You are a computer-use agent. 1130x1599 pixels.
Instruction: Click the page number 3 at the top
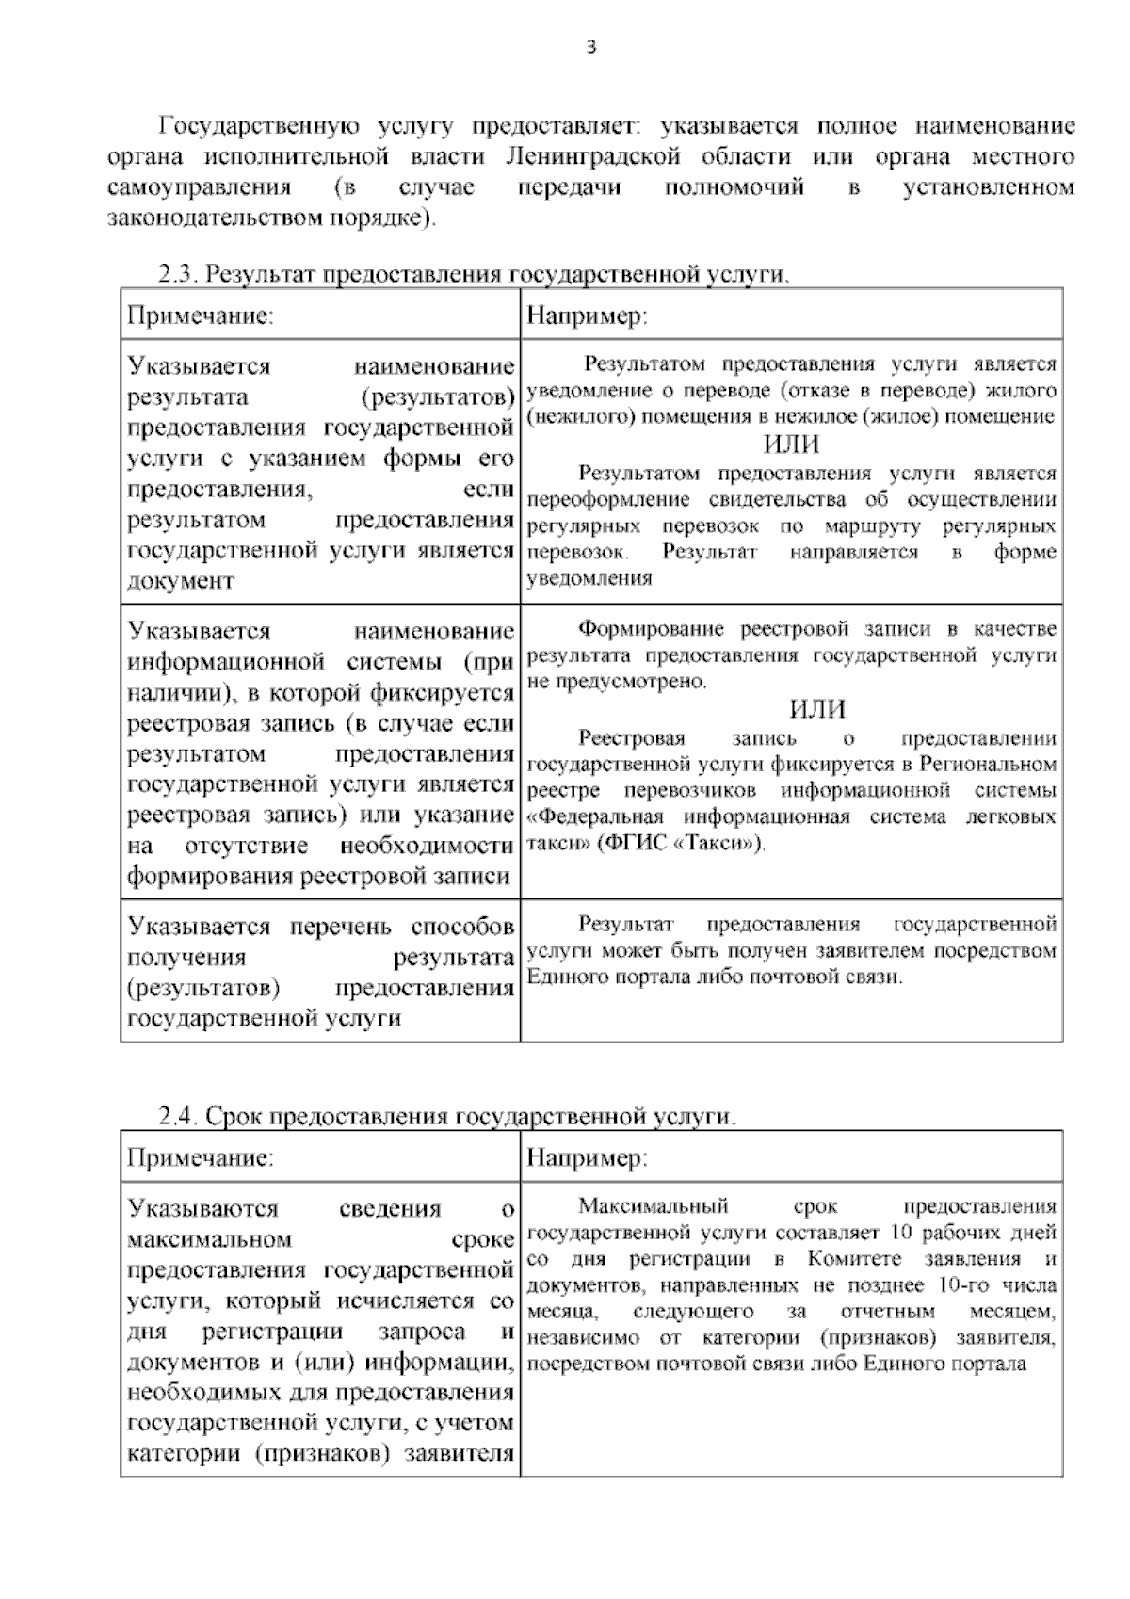pyautogui.click(x=590, y=50)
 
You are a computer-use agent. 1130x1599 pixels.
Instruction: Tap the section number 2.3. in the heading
pyautogui.click(x=177, y=275)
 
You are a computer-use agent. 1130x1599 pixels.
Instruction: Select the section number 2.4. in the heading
pyautogui.click(x=177, y=1117)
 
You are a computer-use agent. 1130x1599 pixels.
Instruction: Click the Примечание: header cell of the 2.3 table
pyautogui.click(x=201, y=315)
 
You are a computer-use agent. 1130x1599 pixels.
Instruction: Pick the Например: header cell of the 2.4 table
pyautogui.click(x=587, y=1157)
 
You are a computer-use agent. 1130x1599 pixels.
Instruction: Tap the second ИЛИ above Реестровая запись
pyautogui.click(x=816, y=709)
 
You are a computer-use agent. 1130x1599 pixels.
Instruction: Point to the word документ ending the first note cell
pyautogui.click(x=181, y=581)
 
